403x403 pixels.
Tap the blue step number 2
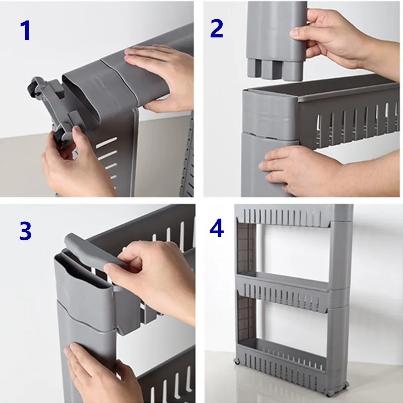(x=217, y=29)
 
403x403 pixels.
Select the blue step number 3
(x=26, y=231)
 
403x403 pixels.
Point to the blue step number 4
(x=217, y=228)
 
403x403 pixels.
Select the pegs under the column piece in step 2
(x=275, y=70)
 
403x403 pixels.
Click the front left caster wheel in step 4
(x=237, y=361)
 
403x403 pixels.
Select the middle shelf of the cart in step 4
(x=283, y=291)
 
